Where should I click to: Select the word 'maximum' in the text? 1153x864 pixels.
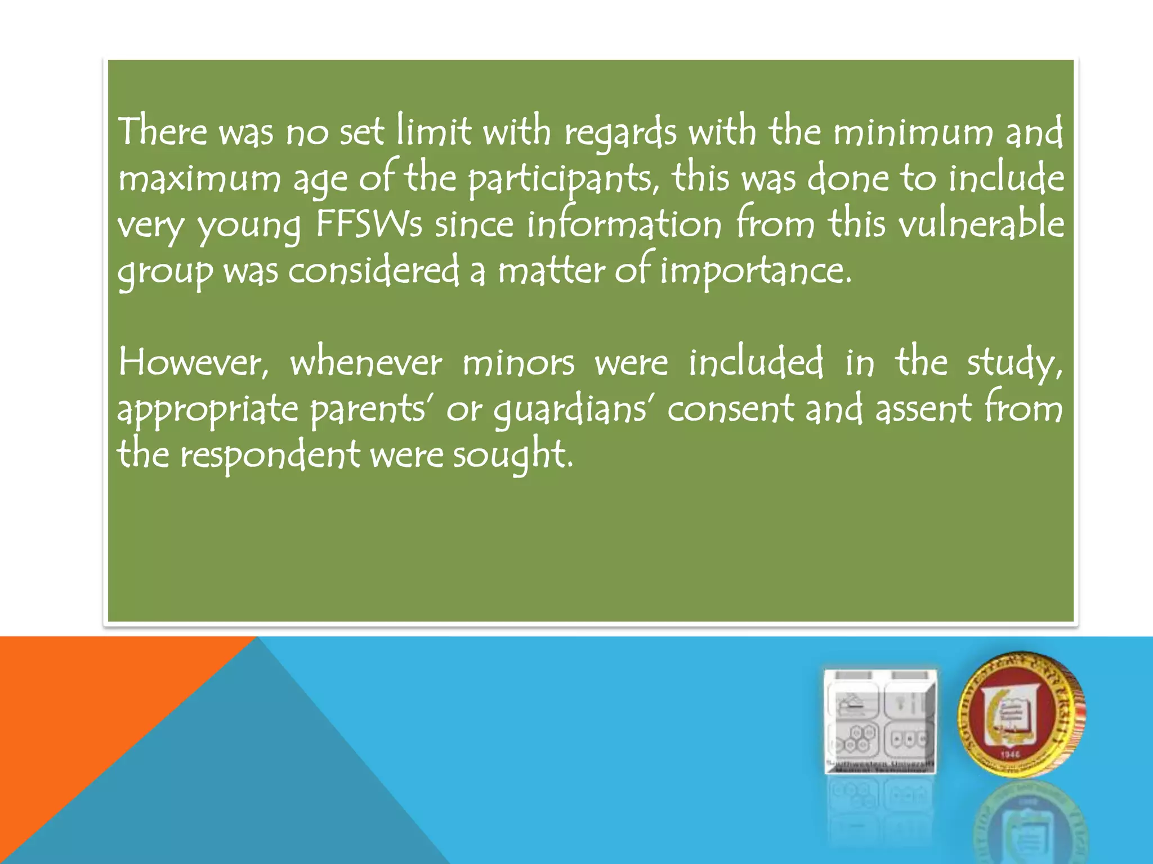199,179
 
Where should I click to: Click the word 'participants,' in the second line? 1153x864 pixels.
564,179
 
